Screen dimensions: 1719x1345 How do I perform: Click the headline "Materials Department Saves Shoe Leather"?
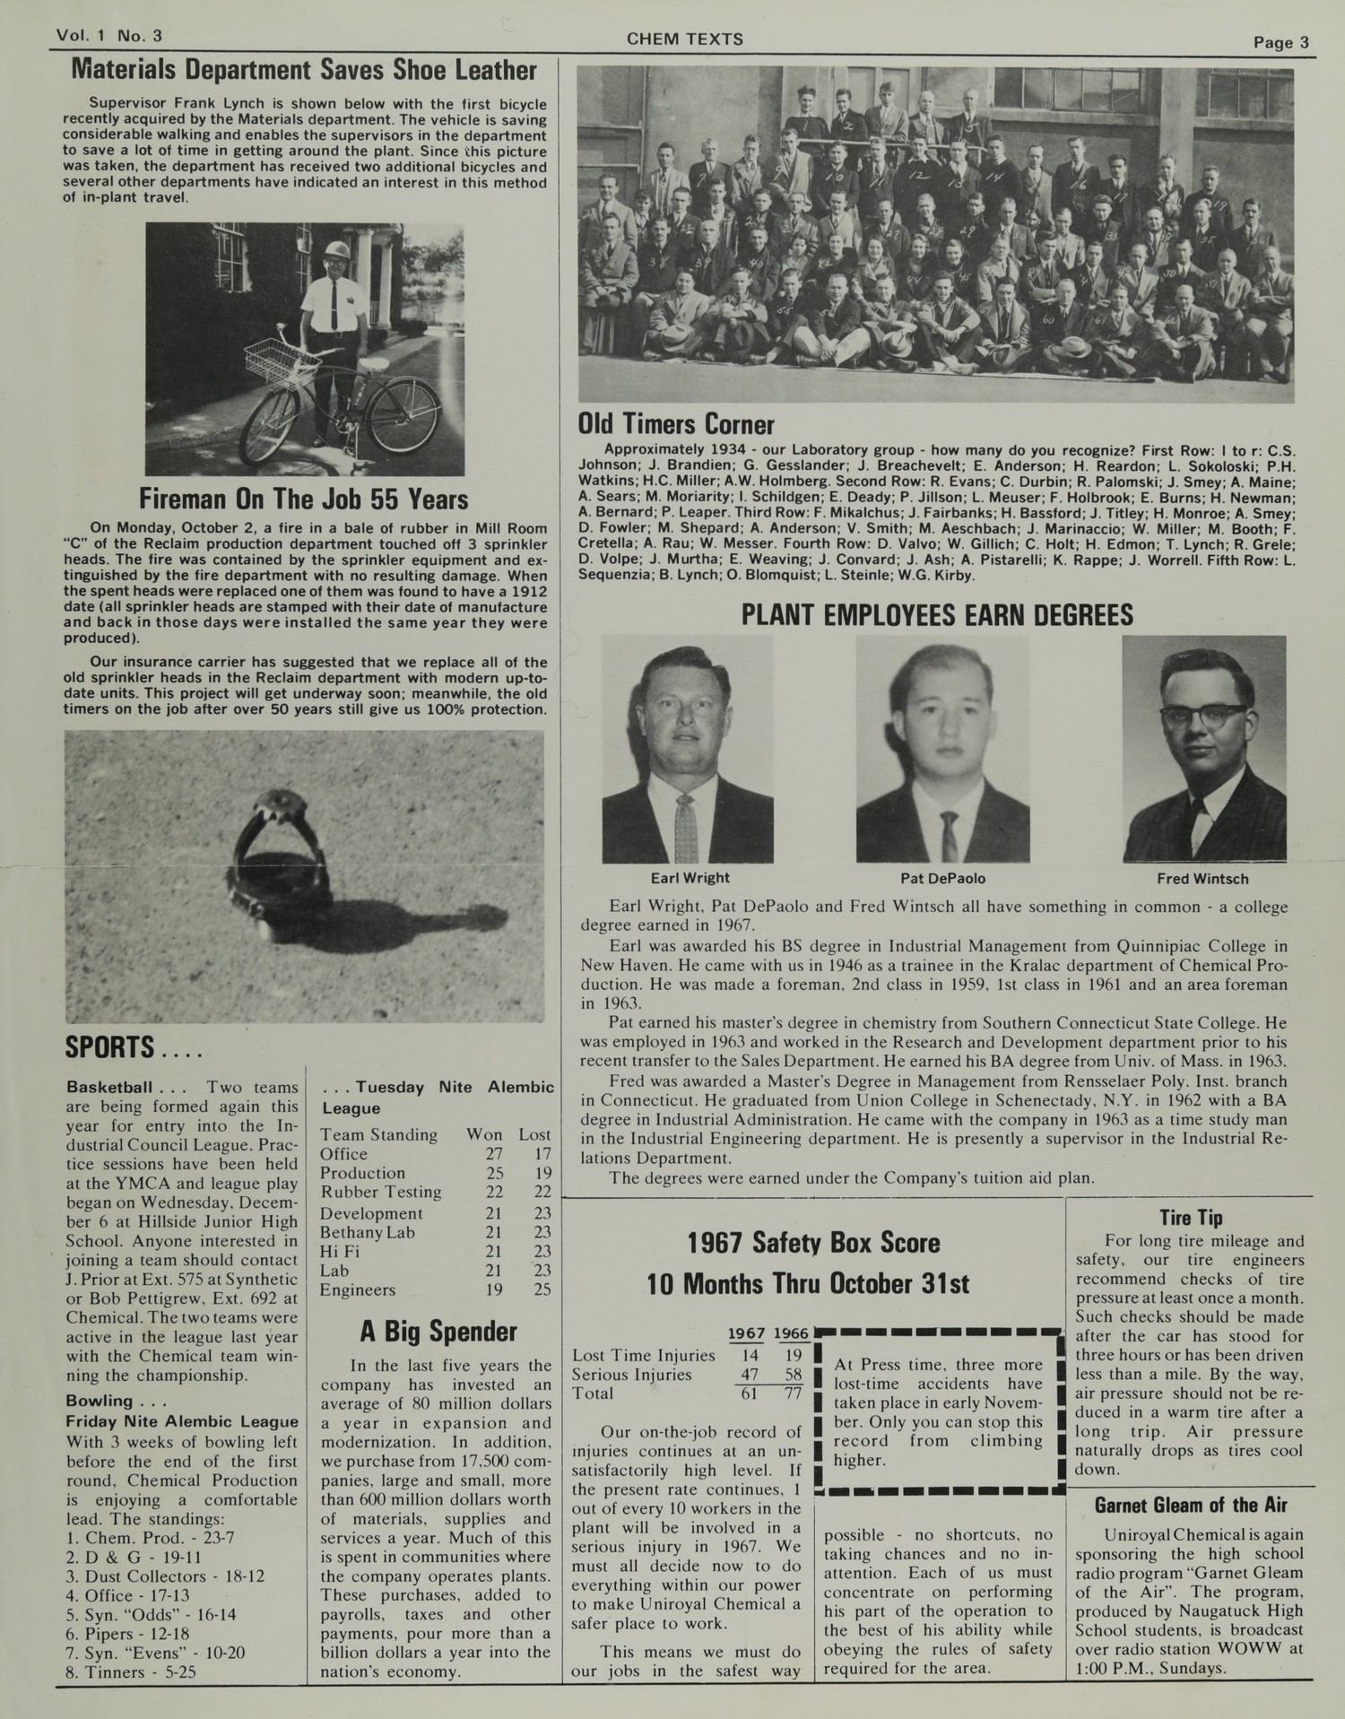coord(304,71)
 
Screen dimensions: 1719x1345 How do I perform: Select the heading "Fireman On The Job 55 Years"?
coord(304,499)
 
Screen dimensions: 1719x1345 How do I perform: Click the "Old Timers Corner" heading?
coord(676,424)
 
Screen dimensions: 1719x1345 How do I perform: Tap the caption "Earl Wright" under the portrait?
coord(690,878)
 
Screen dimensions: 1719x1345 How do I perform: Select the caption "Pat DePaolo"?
coord(942,879)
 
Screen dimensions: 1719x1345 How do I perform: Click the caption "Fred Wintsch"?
coord(1202,879)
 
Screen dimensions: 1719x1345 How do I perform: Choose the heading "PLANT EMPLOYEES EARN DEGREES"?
coord(937,615)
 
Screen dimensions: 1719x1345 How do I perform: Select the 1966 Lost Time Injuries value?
coord(792,1356)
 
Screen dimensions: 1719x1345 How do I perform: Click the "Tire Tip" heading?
coord(1190,1218)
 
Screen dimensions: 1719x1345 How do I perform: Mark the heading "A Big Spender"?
coord(438,1333)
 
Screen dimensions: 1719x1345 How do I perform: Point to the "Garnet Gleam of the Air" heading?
coord(1190,1505)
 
